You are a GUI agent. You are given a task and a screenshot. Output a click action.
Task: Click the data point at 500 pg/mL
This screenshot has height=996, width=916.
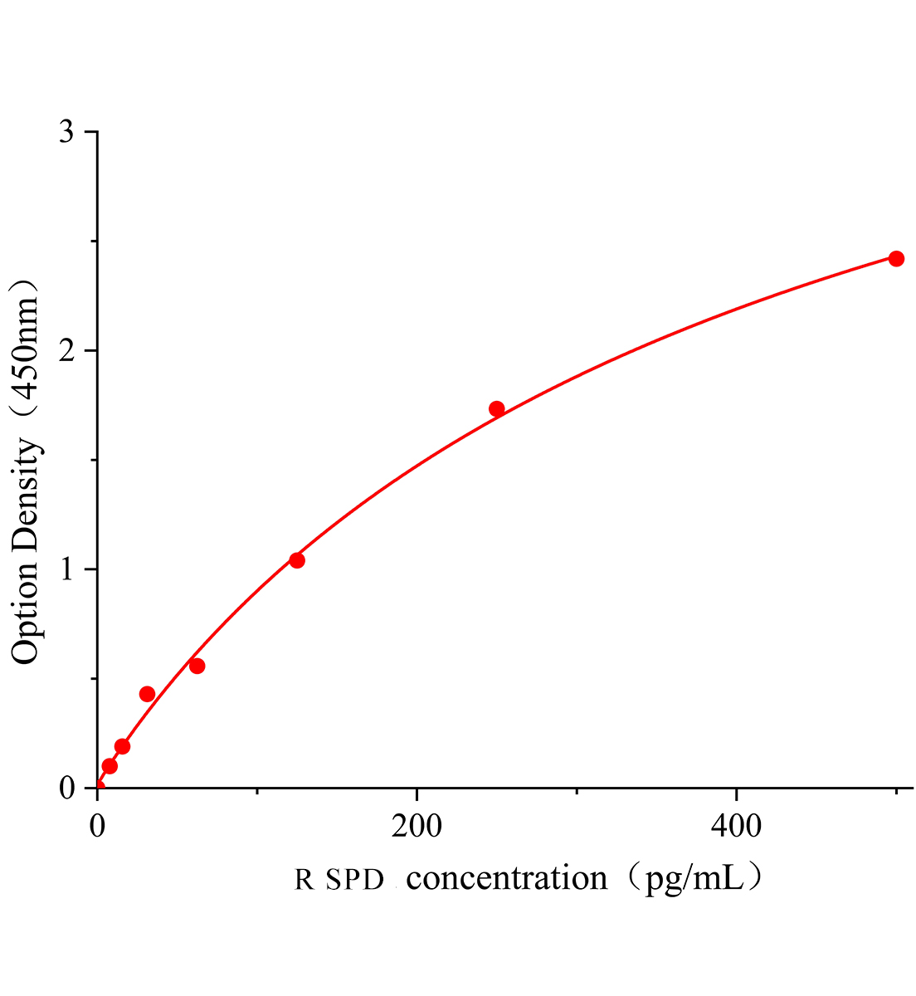pos(896,259)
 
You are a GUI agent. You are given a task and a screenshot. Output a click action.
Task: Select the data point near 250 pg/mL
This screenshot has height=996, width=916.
pos(497,408)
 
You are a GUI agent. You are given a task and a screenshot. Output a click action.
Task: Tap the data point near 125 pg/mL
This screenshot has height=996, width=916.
pos(297,560)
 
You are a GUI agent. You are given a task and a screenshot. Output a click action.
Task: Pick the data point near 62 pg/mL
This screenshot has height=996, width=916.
pos(197,666)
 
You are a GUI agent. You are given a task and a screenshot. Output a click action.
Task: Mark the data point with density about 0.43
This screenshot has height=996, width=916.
pos(147,694)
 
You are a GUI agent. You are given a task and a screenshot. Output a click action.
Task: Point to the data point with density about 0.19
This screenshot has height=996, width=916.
pos(122,746)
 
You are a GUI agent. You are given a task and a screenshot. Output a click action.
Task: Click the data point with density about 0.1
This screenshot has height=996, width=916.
pos(110,766)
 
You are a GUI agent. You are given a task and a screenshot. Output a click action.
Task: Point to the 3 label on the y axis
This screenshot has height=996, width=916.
pos(67,133)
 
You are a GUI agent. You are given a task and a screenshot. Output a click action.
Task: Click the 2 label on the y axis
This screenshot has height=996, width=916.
pos(67,351)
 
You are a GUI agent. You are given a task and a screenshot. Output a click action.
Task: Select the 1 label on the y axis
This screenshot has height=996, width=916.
pos(67,569)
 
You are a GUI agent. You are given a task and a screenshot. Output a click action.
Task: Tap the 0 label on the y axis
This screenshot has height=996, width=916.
pos(67,788)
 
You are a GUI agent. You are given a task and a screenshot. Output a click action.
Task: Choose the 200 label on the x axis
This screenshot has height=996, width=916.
pos(417,826)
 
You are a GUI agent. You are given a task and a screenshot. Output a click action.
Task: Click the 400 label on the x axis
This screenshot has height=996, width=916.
pos(737,826)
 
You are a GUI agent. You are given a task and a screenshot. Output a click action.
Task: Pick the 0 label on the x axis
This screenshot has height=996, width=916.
pos(98,826)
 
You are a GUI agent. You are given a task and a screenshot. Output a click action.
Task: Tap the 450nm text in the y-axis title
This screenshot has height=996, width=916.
pos(26,349)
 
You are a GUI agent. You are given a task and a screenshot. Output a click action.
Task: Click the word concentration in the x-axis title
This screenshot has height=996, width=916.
pos(507,878)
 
